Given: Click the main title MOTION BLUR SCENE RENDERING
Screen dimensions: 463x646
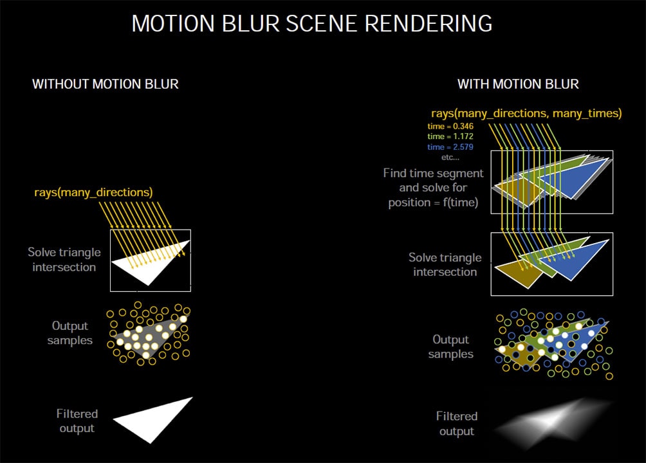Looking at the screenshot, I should (312, 24).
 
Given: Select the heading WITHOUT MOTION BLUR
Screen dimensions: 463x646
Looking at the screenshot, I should (106, 84).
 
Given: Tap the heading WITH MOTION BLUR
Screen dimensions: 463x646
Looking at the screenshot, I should (518, 84).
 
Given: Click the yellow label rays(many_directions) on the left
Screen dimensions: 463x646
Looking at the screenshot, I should (93, 192).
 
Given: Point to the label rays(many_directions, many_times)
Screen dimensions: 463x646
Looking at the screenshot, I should (526, 113).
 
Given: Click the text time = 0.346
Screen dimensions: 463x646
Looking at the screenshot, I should (450, 127).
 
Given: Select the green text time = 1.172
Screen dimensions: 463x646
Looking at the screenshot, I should (450, 137).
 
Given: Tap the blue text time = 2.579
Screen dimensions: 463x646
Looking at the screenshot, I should (450, 147).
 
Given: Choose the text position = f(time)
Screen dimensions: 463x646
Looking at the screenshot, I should (436, 202).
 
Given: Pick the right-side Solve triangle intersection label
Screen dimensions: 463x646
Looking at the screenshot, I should (445, 264).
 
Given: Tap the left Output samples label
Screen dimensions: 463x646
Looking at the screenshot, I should (70, 333).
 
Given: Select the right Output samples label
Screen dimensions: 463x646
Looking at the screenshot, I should (450, 347).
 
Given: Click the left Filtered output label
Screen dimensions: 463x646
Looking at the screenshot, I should (77, 421).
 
